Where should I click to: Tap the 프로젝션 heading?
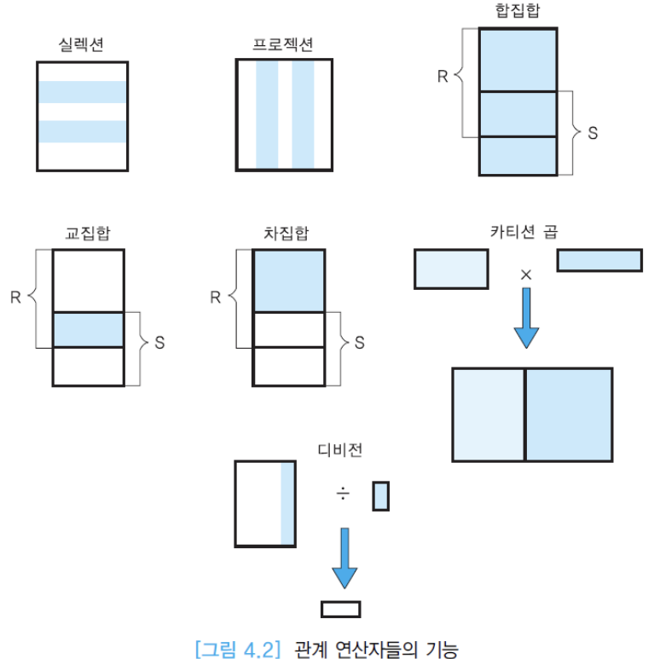(283, 44)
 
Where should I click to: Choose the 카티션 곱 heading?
(524, 232)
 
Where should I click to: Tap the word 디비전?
(339, 451)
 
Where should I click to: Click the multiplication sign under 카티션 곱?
(526, 274)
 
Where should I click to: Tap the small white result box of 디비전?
(340, 609)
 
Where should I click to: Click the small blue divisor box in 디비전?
(380, 496)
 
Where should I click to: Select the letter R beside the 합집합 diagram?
(443, 77)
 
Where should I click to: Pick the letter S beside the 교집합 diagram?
(160, 343)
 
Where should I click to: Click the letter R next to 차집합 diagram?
(215, 298)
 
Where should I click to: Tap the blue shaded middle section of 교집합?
(88, 330)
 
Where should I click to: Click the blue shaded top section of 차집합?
(289, 280)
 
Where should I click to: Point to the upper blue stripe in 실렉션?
(82, 92)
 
